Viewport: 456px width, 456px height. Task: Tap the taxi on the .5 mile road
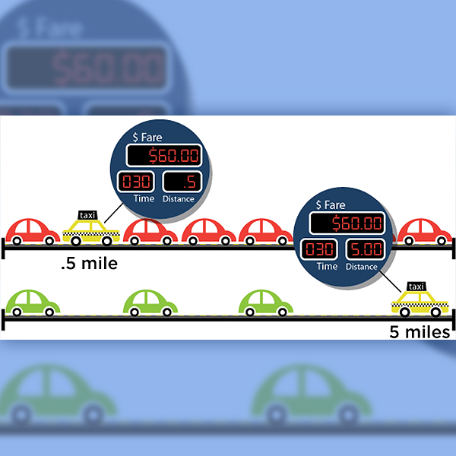90,230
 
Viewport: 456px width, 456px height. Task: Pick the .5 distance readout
179,182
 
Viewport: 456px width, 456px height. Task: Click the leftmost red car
33,230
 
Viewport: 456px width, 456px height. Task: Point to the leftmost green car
33,302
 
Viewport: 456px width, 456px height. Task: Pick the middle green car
150,302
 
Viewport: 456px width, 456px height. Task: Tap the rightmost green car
266,302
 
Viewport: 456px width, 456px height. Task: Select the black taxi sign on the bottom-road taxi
416,287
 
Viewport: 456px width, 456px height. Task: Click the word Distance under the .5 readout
179,199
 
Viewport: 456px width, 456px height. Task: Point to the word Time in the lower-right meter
327,267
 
